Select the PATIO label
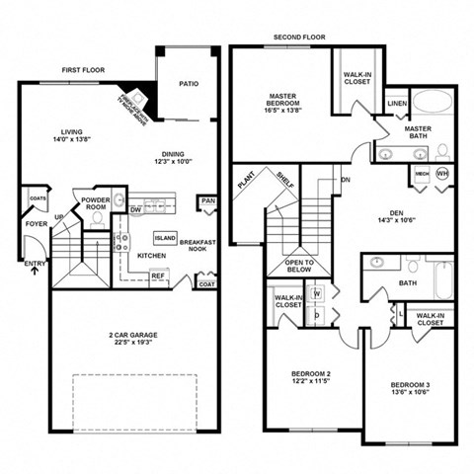click(189, 84)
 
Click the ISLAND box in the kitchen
click(165, 239)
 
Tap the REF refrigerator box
click(157, 276)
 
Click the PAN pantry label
click(208, 200)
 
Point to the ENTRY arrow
click(36, 269)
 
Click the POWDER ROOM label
click(96, 203)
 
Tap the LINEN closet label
click(398, 103)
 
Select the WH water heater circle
click(442, 174)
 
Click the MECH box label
click(421, 174)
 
